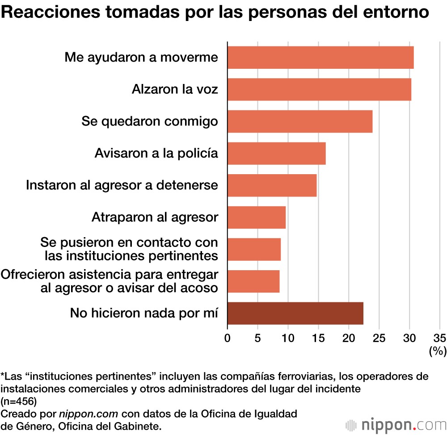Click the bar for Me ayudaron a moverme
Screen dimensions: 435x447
click(320, 57)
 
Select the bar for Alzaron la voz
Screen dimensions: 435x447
click(319, 89)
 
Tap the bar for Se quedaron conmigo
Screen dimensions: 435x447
click(300, 121)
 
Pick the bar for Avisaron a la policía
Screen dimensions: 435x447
click(276, 153)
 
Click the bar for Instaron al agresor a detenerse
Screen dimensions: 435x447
click(272, 185)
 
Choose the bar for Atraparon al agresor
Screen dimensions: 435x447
click(257, 217)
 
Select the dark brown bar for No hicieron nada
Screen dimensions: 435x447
click(295, 313)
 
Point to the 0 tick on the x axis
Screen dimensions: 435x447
click(228, 337)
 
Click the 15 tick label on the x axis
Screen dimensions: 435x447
click(318, 337)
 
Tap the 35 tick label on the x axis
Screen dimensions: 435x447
click(439, 337)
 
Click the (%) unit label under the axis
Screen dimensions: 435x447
click(438, 351)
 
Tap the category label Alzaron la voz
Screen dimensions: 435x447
click(175, 89)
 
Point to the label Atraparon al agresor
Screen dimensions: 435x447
click(155, 217)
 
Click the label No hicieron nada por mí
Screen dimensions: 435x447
click(144, 313)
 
